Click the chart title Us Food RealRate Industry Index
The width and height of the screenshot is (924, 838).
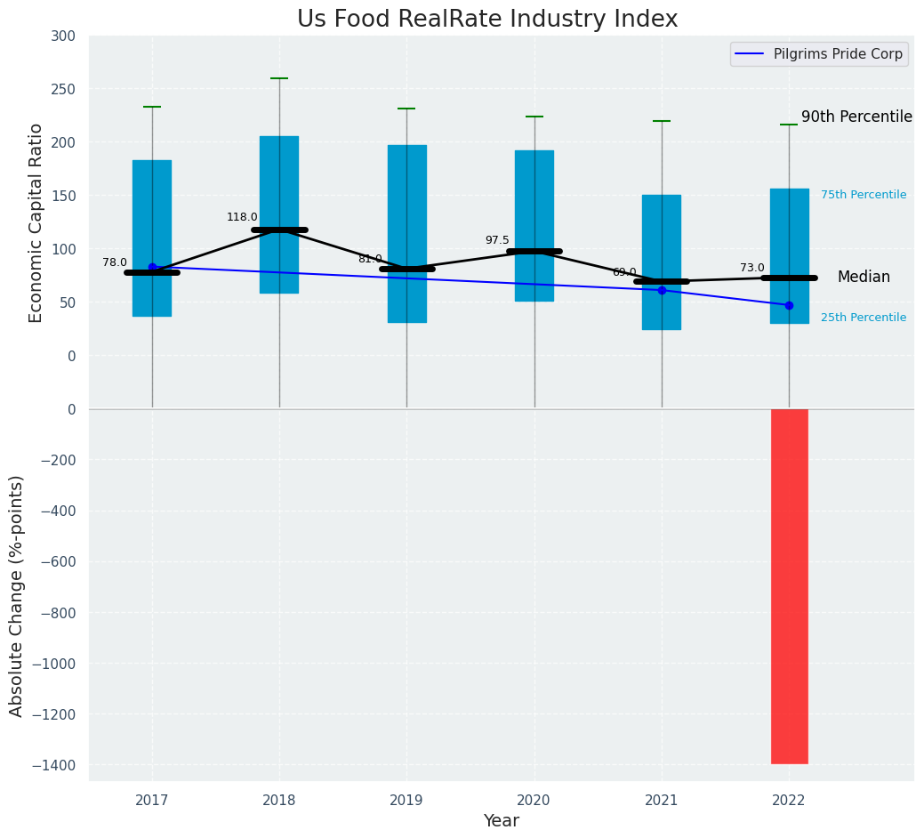[487, 20]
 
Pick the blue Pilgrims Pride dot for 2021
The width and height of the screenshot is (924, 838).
[662, 290]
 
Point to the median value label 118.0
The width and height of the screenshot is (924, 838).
[242, 217]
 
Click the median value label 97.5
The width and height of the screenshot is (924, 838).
[497, 240]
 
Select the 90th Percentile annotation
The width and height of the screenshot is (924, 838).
[856, 117]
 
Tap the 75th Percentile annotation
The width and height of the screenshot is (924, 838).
[863, 195]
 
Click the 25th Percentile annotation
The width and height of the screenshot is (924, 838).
[863, 318]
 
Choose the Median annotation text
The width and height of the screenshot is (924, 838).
[864, 278]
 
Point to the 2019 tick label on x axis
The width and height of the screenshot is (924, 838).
[406, 801]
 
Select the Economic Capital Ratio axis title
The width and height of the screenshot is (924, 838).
[36, 222]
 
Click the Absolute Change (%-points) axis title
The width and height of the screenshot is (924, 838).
[17, 595]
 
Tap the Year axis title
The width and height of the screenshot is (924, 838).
[501, 821]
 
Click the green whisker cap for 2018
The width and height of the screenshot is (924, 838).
[279, 78]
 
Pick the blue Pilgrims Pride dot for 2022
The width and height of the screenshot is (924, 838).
[789, 305]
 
